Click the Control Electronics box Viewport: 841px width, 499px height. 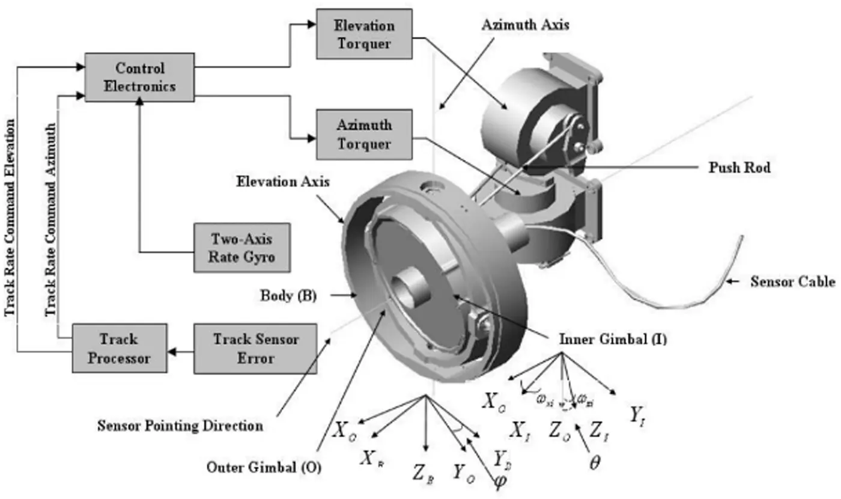pos(139,77)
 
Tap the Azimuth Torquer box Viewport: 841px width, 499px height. pos(364,134)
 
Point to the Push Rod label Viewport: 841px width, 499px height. pos(739,168)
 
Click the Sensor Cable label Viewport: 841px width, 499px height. pos(792,281)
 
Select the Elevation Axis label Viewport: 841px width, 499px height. pos(283,182)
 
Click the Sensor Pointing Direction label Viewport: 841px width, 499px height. pos(180,426)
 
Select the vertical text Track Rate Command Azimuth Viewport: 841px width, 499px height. pos(51,219)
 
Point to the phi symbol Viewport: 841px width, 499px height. pos(498,482)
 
